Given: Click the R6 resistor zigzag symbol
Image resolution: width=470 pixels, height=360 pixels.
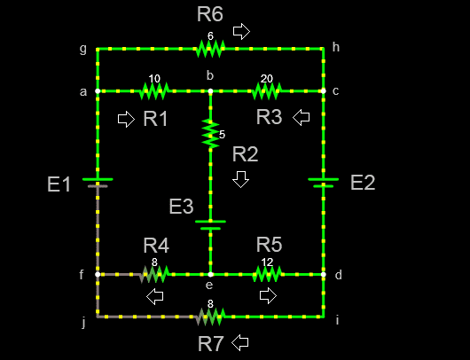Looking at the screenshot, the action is pyautogui.click(x=210, y=49).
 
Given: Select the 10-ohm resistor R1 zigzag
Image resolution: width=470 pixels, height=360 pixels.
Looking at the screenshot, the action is pyautogui.click(x=154, y=90).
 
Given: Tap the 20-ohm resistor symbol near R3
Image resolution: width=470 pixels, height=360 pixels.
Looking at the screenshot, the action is pyautogui.click(x=267, y=90).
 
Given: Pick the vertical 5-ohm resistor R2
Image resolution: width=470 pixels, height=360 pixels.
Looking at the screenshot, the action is pyautogui.click(x=210, y=133).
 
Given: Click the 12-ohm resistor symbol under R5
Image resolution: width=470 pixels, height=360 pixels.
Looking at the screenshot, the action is pyautogui.click(x=267, y=274).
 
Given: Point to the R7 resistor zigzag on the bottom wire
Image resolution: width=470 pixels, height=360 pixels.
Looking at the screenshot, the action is pyautogui.click(x=210, y=317).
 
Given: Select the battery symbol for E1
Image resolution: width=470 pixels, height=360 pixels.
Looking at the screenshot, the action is pyautogui.click(x=98, y=183).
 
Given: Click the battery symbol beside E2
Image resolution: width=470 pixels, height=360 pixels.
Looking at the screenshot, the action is pyautogui.click(x=324, y=183).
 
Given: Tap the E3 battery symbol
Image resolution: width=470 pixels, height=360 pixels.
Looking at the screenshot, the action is pyautogui.click(x=210, y=225).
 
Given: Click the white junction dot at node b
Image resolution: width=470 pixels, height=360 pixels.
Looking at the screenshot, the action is pyautogui.click(x=210, y=90).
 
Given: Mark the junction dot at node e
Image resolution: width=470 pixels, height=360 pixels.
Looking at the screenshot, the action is pyautogui.click(x=210, y=274).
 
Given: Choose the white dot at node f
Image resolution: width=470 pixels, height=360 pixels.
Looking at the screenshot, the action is pyautogui.click(x=98, y=274).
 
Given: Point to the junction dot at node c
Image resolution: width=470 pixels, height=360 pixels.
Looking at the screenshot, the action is pyautogui.click(x=324, y=90).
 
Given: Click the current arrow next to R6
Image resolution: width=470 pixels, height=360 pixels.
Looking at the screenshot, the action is pyautogui.click(x=241, y=31).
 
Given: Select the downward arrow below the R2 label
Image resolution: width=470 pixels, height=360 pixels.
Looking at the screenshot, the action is pyautogui.click(x=240, y=179).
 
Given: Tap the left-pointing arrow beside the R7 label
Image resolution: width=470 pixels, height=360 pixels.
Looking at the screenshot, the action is pyautogui.click(x=240, y=342).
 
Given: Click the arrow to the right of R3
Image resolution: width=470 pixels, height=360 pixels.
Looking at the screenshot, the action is pyautogui.click(x=301, y=117).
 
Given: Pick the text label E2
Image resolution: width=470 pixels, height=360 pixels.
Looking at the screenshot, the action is pyautogui.click(x=363, y=183).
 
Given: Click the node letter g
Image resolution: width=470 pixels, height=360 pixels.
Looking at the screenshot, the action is pyautogui.click(x=83, y=49).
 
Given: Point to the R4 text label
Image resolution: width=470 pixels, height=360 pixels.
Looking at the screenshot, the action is pyautogui.click(x=156, y=246).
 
